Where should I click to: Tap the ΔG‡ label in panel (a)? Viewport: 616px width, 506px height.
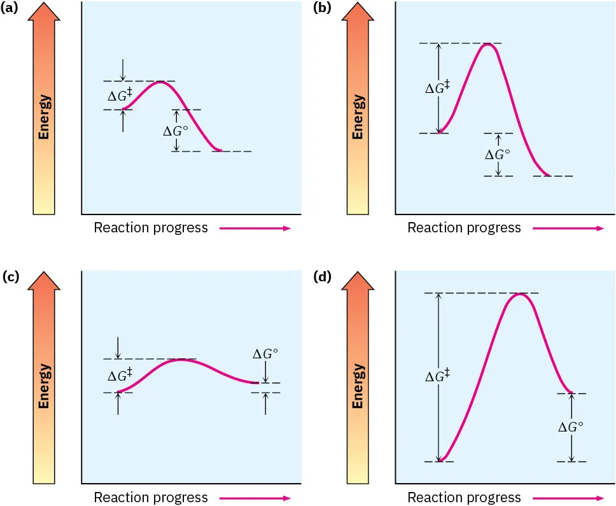coord(120,95)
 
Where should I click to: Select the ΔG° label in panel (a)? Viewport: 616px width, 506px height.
coord(176,131)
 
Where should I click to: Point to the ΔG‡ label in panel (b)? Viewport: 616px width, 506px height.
coord(438,88)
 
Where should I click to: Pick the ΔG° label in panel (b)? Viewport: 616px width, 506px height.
coord(498,155)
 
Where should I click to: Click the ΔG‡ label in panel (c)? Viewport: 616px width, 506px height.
coord(120,376)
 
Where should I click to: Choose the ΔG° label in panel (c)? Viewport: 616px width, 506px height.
coord(266,355)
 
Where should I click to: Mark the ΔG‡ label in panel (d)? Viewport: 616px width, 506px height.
coord(438,377)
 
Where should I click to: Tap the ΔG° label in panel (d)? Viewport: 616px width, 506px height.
coord(571,427)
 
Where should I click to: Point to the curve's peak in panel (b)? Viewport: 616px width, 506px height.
coord(487,44)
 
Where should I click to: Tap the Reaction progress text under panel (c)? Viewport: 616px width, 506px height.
coord(151,497)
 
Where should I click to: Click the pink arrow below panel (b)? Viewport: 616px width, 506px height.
coord(569,228)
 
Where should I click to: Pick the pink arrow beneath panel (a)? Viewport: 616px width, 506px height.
coord(255,228)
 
